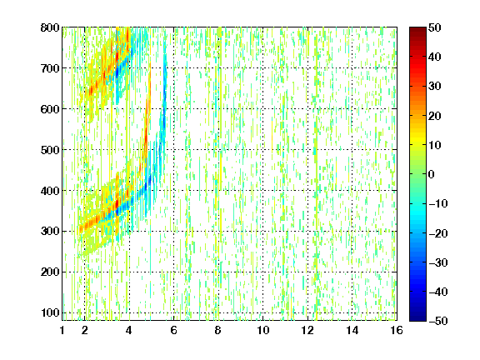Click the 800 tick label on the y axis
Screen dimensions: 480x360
(50, 27)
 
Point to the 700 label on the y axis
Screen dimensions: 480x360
(50, 68)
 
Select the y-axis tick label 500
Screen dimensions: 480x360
(50, 150)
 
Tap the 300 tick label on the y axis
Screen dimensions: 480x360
(50, 231)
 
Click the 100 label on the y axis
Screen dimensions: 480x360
(50, 312)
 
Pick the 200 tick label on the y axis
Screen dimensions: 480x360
(50, 272)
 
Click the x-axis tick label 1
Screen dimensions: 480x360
(62, 330)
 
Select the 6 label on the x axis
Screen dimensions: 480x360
(173, 330)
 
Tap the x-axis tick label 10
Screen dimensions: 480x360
(262, 330)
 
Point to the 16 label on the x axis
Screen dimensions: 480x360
(397, 330)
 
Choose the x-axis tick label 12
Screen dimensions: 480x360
(307, 330)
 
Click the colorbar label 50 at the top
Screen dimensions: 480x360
(434, 27)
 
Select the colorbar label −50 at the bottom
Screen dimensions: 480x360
(438, 321)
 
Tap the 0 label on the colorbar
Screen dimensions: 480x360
(432, 174)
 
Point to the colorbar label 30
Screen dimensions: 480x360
(434, 87)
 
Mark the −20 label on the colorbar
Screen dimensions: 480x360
(438, 233)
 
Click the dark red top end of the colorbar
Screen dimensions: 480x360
(417, 29)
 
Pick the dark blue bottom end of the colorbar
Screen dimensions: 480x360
(417, 319)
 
